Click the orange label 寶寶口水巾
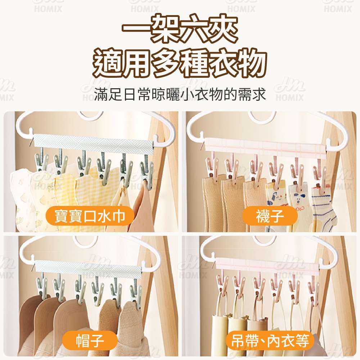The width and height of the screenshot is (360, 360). (90, 216)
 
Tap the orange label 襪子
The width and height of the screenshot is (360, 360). (270, 216)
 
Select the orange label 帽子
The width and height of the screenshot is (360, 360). (90, 341)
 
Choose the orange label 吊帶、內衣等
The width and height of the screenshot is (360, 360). (270, 341)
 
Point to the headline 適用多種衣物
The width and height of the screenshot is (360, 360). (180, 62)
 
